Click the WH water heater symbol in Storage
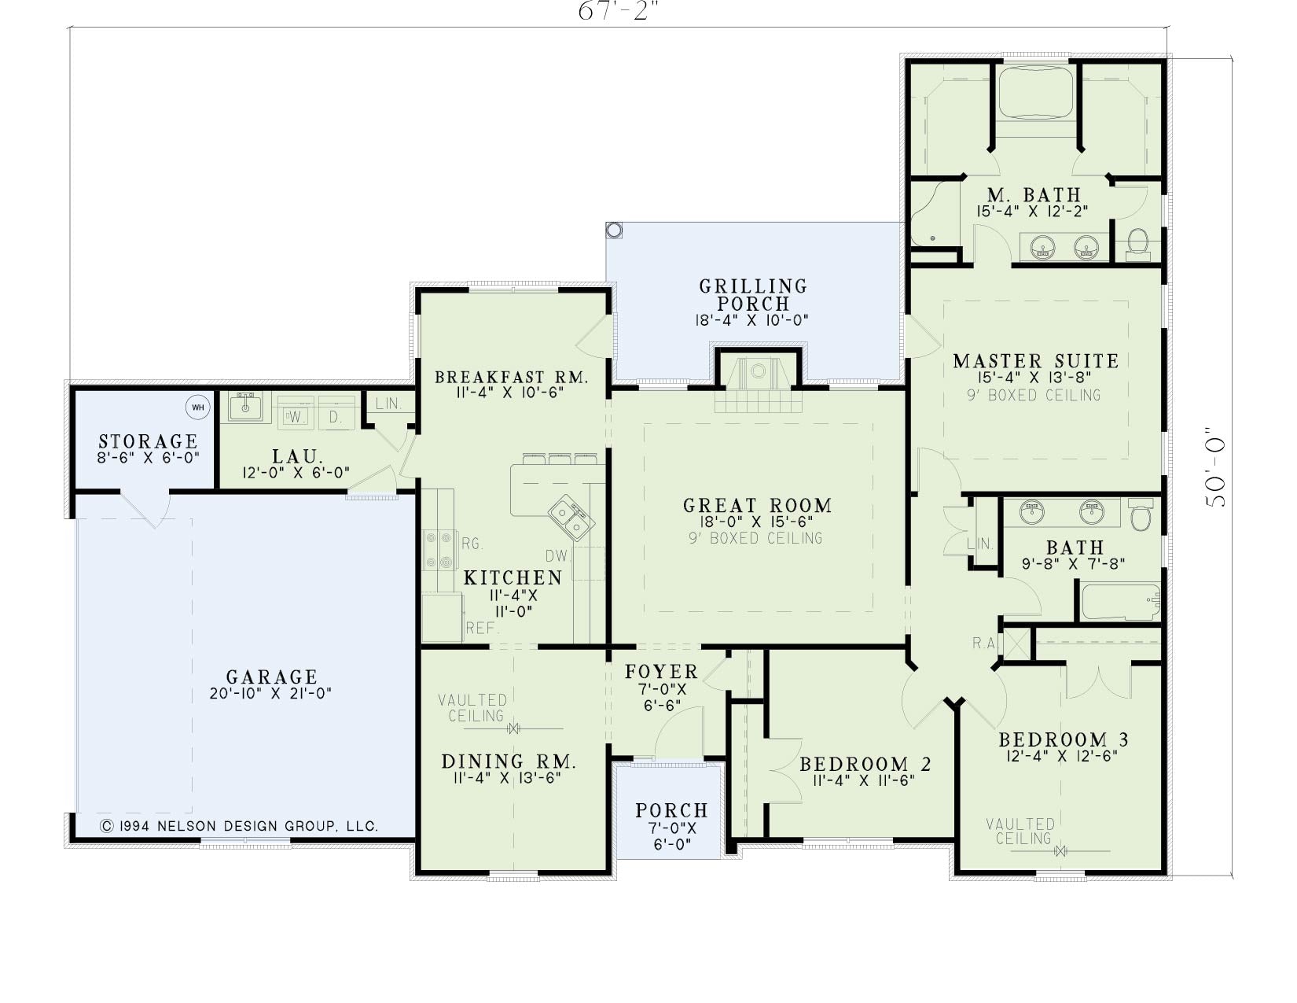click(x=198, y=407)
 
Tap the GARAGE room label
click(x=271, y=677)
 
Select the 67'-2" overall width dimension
click(x=621, y=10)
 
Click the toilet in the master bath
click(x=1138, y=244)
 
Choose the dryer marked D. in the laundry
click(x=336, y=411)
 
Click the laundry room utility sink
click(x=244, y=407)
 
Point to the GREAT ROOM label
click(x=758, y=505)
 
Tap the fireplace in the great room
click(x=758, y=382)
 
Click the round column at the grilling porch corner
click(x=614, y=230)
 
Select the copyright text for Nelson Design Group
click(x=239, y=826)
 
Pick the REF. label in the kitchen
click(x=483, y=628)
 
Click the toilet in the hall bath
click(x=1141, y=515)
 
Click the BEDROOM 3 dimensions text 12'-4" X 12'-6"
click(x=1061, y=755)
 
